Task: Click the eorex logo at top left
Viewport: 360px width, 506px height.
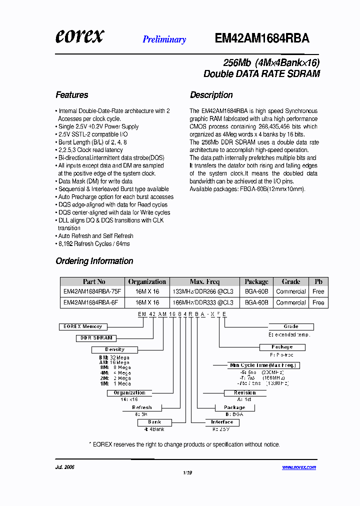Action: pos(79,35)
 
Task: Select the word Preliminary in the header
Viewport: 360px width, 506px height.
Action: pos(164,39)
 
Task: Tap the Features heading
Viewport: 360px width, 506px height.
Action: pos(71,95)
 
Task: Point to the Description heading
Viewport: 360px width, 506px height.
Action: pos(211,95)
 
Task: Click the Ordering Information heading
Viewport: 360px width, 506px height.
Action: pos(94,261)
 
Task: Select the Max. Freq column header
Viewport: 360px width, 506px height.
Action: pos(204,281)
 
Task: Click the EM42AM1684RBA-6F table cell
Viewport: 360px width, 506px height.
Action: pos(90,302)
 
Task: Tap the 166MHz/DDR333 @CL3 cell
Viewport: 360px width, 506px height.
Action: pos(202,302)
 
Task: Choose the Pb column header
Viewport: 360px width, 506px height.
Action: pos(318,281)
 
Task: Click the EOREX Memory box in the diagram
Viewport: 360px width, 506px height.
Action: pos(82,326)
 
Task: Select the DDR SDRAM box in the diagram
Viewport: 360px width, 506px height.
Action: pos(96,338)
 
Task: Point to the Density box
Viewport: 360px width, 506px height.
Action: pos(115,349)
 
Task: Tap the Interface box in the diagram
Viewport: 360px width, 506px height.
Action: pos(222,422)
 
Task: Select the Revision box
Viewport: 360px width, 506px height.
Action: pos(244,393)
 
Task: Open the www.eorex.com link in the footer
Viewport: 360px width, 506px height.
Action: pos(298,467)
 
